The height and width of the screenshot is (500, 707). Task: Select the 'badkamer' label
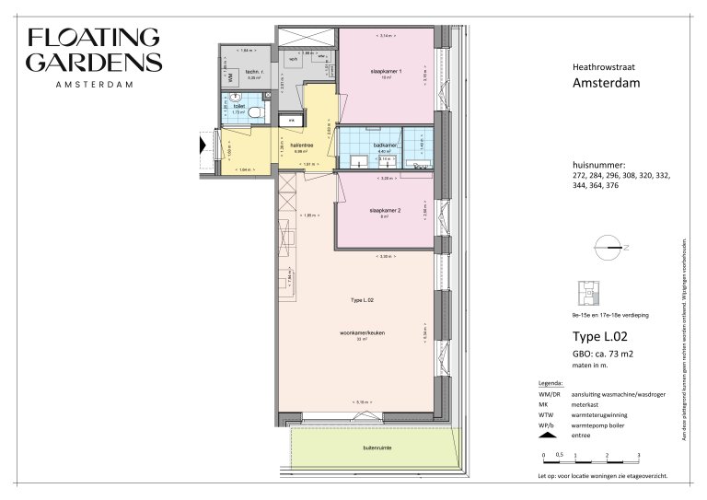click(x=359, y=145)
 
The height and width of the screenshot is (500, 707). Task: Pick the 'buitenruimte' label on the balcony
click(x=377, y=448)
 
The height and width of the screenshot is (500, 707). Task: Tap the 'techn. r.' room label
click(x=254, y=72)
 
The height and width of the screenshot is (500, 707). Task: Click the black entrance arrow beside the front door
click(x=202, y=143)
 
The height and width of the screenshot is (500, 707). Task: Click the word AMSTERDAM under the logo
click(x=94, y=85)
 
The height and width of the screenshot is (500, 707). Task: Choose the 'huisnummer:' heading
click(x=599, y=163)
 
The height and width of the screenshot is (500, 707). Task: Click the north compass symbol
click(x=608, y=246)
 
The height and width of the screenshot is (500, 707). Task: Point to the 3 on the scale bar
click(x=638, y=456)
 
